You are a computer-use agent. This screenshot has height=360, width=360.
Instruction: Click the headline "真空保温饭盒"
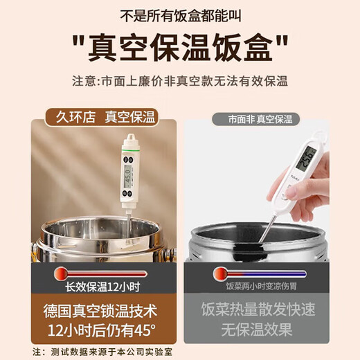180,48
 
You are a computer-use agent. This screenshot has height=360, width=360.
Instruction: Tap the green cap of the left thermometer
129,145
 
